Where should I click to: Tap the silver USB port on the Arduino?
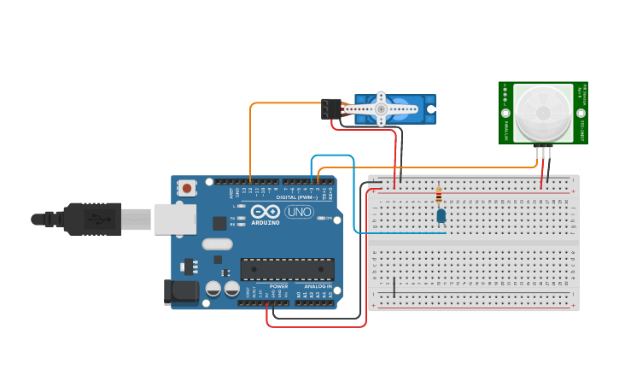(x=174, y=219)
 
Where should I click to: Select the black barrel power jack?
(x=181, y=291)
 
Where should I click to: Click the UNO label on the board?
(x=299, y=212)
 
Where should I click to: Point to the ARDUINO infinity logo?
(x=266, y=212)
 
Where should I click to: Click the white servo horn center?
(x=382, y=109)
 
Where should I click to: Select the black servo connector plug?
(x=330, y=108)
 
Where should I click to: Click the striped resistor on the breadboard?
(x=439, y=196)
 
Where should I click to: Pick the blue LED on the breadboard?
(x=441, y=215)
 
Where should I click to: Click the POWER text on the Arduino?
(x=278, y=286)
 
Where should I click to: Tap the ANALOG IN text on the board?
(x=318, y=286)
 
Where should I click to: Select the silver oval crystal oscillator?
(x=217, y=244)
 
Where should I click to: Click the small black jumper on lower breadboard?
(x=394, y=286)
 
